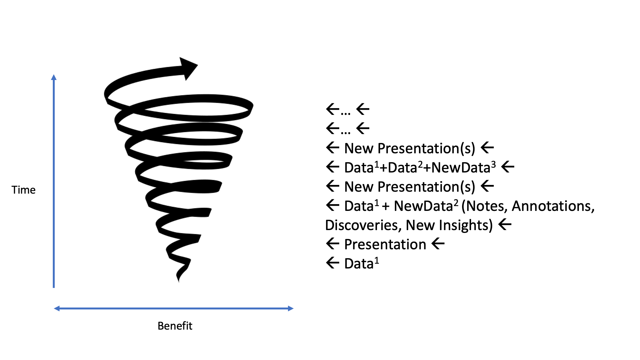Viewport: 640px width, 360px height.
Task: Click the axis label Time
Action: pyautogui.click(x=23, y=190)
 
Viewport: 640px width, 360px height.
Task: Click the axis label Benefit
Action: pyautogui.click(x=175, y=326)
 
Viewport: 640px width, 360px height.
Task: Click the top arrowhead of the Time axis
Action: pyautogui.click(x=54, y=77)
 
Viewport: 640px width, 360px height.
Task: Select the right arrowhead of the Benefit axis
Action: pyautogui.click(x=291, y=308)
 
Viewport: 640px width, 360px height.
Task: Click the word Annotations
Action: pyautogui.click(x=553, y=206)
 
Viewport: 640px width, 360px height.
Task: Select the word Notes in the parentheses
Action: pyautogui.click(x=486, y=206)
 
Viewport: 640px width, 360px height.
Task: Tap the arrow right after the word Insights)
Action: pyautogui.click(x=505, y=224)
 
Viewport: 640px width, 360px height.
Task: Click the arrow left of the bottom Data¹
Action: pyautogui.click(x=333, y=263)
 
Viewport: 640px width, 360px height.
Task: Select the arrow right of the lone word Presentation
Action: pyautogui.click(x=438, y=244)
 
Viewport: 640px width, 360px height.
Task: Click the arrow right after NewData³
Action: pyautogui.click(x=508, y=167)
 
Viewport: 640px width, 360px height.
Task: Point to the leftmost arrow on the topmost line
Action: pyautogui.click(x=333, y=109)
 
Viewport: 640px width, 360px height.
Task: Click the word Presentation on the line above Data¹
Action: pyautogui.click(x=385, y=244)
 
